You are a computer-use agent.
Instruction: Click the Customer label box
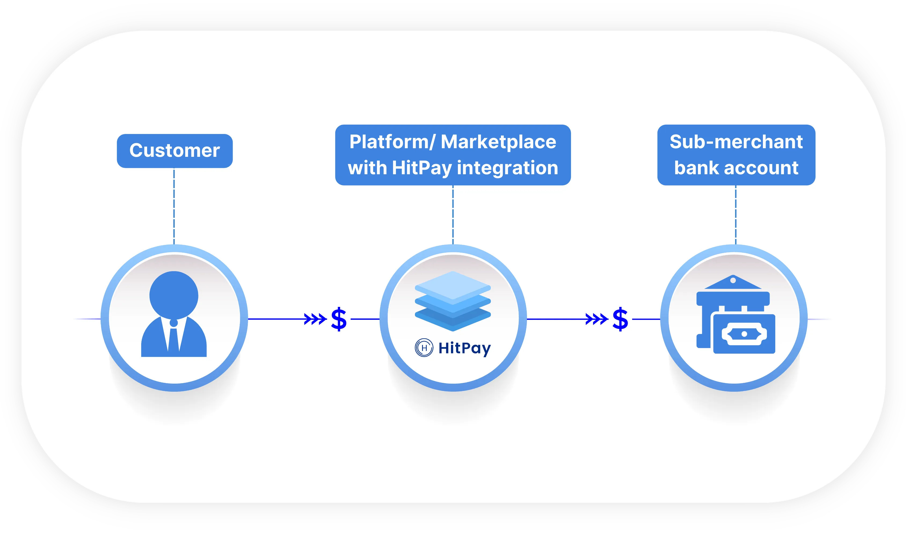(175, 151)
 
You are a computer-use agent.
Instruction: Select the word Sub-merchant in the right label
(736, 142)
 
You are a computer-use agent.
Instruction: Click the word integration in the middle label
(507, 168)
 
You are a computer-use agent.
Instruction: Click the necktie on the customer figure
(174, 338)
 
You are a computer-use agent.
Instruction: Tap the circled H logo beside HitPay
(424, 348)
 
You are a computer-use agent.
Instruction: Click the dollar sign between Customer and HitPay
(339, 319)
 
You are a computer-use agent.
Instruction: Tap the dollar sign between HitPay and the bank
(620, 319)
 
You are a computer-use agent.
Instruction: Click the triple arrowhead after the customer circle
(315, 319)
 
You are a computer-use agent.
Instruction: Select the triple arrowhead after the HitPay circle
(596, 319)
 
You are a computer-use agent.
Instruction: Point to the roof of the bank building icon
(733, 283)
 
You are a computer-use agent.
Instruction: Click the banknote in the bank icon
(744, 334)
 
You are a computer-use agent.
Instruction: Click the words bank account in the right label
(736, 168)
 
